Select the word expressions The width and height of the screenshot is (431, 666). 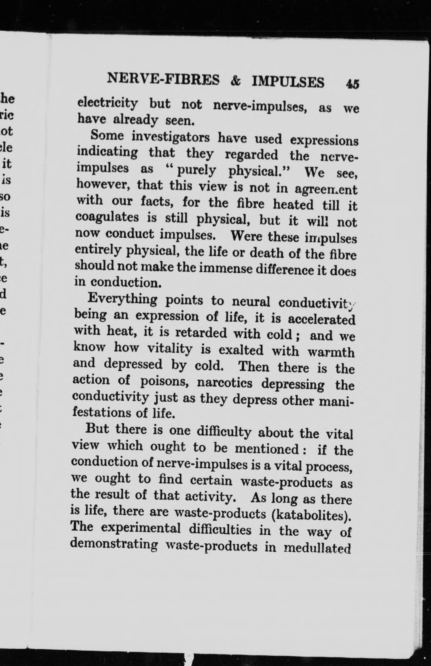[x=324, y=140]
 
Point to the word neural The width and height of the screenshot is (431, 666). [x=251, y=302]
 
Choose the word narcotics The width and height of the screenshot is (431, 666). [x=224, y=383]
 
